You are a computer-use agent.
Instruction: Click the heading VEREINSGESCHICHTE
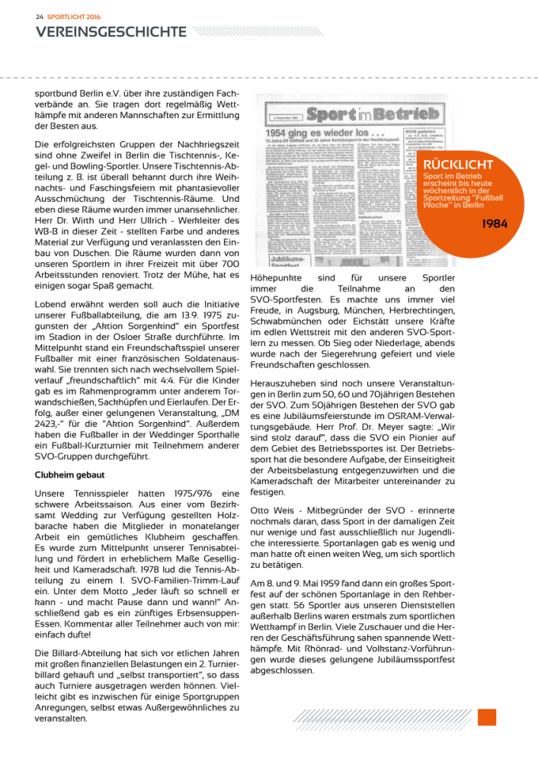click(x=110, y=31)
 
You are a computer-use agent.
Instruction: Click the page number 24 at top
click(x=39, y=14)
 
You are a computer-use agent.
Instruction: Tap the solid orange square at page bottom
click(x=487, y=717)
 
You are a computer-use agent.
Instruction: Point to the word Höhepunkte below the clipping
click(x=276, y=279)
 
